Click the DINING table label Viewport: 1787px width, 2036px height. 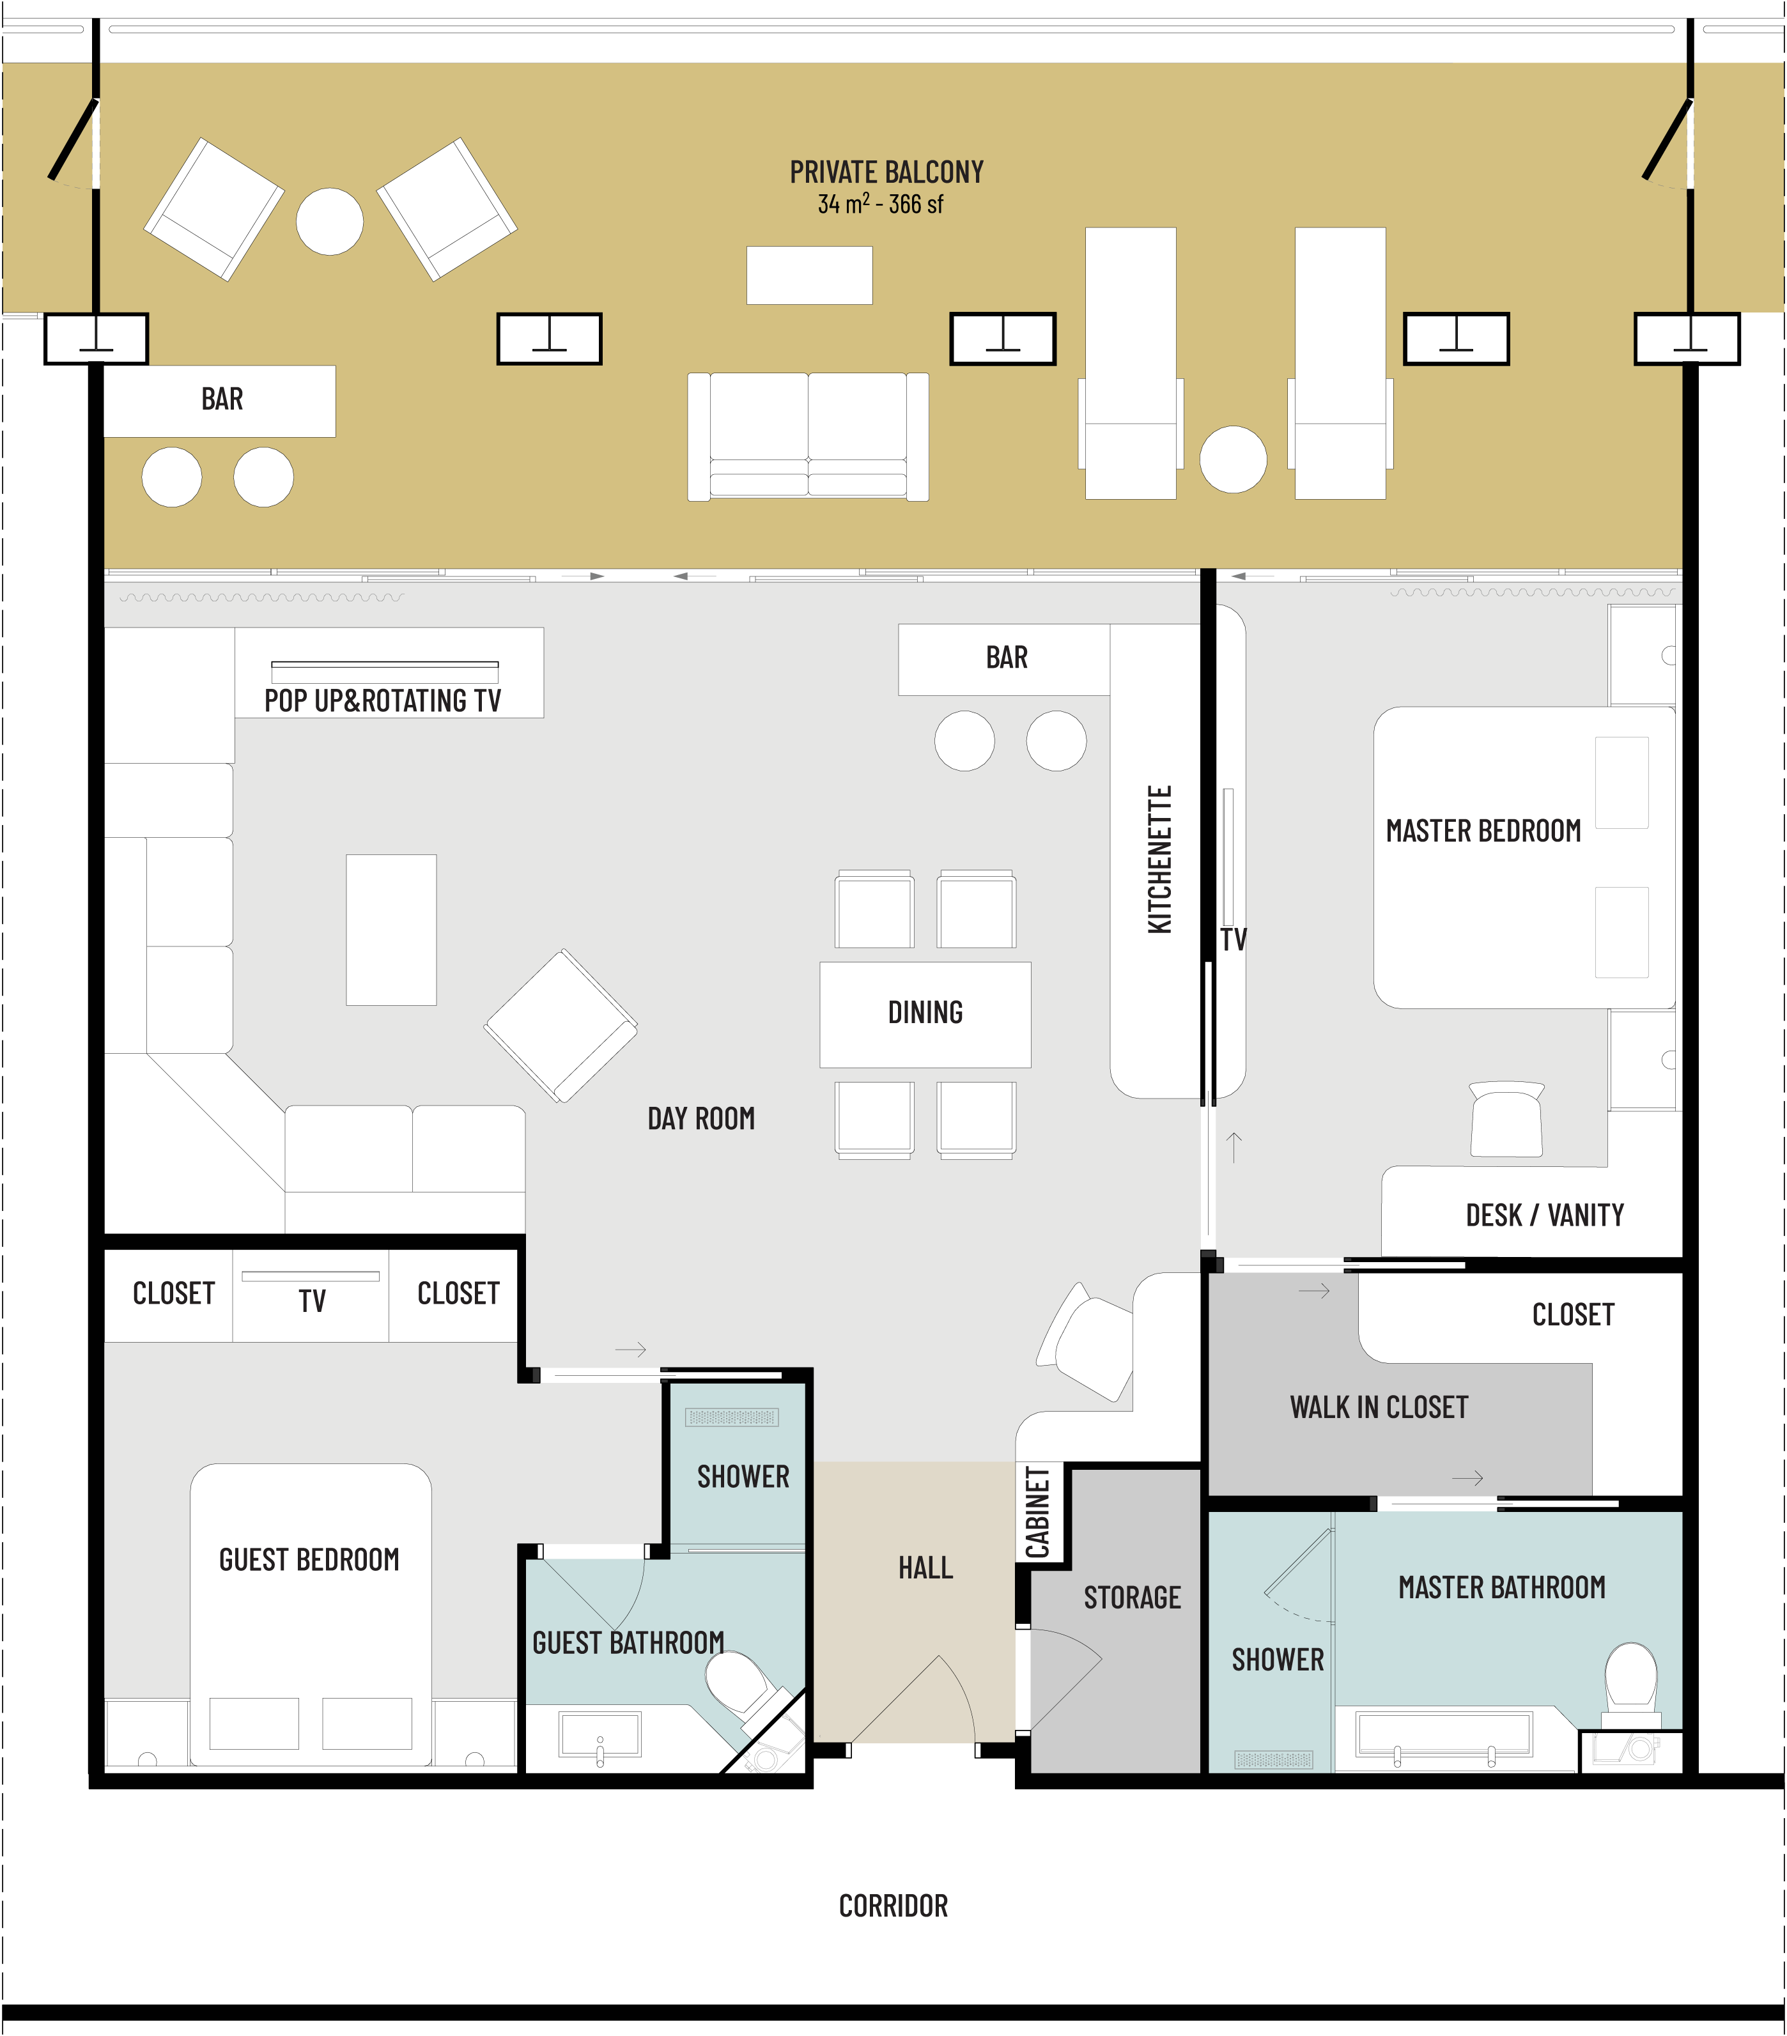925,1012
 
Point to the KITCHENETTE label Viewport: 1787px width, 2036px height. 1159,859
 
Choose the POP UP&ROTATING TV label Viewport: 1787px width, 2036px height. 382,700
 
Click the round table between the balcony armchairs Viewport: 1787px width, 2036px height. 330,221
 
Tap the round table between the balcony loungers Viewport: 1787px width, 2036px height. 1233,459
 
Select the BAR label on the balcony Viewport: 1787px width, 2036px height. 222,399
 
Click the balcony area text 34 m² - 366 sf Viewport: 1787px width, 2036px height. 881,204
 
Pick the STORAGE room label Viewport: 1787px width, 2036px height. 1133,1598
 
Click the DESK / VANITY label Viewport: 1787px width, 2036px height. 1545,1215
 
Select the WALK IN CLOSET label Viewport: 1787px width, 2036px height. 1380,1407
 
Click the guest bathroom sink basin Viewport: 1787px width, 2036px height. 601,1735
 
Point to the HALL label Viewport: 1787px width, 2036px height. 925,1568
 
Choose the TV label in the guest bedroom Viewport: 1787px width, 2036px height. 312,1301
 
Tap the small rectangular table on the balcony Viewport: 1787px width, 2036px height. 810,275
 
